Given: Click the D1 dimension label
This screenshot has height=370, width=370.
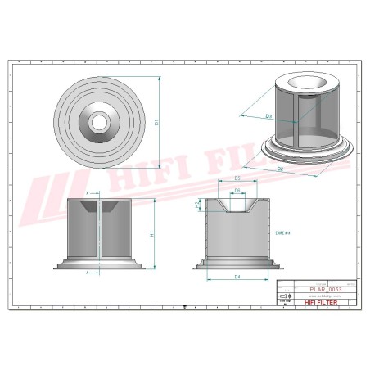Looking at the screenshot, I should pos(156,121).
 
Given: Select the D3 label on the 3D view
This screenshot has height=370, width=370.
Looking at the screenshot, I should pos(269,116).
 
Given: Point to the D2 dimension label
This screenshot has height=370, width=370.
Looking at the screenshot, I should pos(281,169).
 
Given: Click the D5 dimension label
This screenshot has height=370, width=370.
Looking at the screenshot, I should pos(236,177).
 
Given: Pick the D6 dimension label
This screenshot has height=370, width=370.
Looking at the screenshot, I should pos(237,191).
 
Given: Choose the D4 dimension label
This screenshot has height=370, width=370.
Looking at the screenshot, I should pos(237,277).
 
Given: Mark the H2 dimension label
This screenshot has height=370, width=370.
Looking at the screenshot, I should pos(197,206).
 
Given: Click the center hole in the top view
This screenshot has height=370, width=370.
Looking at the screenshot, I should pos(100,121).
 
